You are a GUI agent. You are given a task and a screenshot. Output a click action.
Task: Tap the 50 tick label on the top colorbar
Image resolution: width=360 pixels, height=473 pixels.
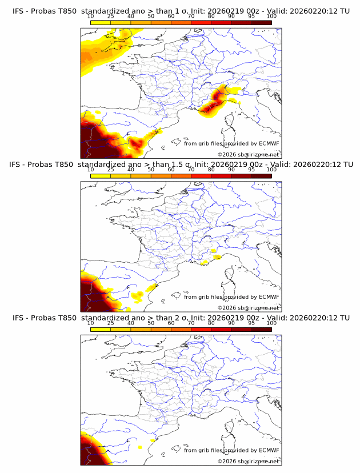[x=151, y=16]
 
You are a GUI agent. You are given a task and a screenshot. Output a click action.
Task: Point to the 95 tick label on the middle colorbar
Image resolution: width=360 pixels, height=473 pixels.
[x=251, y=170]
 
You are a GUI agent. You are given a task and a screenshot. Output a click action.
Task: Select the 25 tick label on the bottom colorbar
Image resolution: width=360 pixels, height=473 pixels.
[x=110, y=323]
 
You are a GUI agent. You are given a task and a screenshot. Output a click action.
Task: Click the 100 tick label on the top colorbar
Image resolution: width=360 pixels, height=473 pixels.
[x=271, y=16]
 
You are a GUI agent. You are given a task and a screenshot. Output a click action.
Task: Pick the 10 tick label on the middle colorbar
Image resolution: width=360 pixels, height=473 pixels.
[x=90, y=170]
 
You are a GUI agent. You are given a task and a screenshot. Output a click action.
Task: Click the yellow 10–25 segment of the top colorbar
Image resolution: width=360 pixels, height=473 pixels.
[x=101, y=22]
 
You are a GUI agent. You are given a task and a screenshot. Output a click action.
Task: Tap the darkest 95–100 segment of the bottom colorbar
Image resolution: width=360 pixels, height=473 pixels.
[x=261, y=330]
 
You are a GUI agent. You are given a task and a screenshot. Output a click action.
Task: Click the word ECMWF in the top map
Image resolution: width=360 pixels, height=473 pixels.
[x=269, y=143]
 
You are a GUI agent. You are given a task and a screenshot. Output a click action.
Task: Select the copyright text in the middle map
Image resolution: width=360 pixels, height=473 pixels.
[x=248, y=307]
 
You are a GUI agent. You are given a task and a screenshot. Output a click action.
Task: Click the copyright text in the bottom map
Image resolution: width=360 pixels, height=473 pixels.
[x=248, y=461]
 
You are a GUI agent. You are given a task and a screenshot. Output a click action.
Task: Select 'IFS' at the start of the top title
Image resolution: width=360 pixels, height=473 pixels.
[x=18, y=10]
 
